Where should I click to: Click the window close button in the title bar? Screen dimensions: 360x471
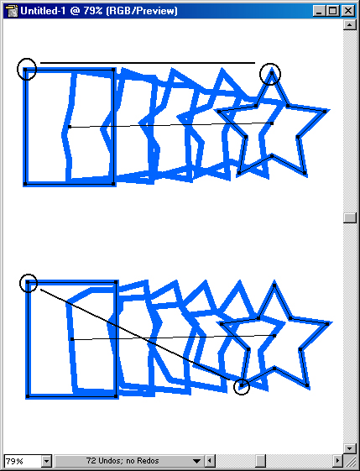pos(348,11)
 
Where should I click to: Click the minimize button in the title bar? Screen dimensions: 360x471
pos(319,11)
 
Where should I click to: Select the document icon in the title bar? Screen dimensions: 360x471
pos(12,11)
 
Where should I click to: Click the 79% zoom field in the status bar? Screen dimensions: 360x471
pos(23,461)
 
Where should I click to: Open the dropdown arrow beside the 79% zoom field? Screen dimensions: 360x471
pos(47,461)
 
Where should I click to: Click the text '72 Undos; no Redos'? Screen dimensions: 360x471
pos(123,460)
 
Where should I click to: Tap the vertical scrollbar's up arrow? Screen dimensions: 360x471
pos(349,24)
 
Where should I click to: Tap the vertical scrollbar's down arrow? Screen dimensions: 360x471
pos(349,449)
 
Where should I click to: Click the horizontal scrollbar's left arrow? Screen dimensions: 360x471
pos(210,461)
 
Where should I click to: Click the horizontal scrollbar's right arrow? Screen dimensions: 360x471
pos(338,461)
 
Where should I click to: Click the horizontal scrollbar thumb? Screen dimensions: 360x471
pos(261,461)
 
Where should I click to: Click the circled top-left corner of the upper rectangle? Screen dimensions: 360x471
pos(25,70)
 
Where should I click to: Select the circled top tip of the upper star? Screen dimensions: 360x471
pos(271,73)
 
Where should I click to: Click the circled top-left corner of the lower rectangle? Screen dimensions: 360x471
pos(28,282)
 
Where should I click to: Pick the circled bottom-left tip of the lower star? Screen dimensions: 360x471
pos(242,385)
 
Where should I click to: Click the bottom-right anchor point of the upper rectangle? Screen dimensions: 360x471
pos(113,184)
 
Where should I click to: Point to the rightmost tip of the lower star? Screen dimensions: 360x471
pos(327,324)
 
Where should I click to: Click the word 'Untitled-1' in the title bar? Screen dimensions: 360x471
pos(43,11)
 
